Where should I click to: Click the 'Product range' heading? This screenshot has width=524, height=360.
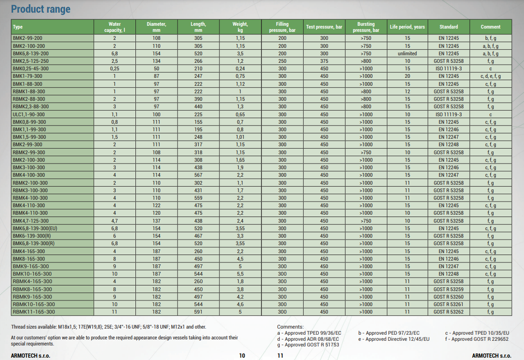[x=41, y=9]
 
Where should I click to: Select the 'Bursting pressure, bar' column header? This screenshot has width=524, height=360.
[x=366, y=27]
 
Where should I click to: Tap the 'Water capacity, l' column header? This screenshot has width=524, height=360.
[x=114, y=27]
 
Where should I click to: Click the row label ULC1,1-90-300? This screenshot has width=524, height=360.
[x=29, y=114]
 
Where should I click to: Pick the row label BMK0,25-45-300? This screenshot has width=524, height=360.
[x=30, y=68]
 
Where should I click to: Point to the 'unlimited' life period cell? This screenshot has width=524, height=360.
[x=407, y=53]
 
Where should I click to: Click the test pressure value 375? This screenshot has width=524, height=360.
[x=324, y=61]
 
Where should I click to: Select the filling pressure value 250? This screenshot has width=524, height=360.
[x=282, y=61]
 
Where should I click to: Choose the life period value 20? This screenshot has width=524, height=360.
[x=407, y=76]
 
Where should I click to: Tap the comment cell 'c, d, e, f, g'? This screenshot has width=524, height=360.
[x=490, y=76]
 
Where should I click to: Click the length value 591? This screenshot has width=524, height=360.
[x=198, y=312]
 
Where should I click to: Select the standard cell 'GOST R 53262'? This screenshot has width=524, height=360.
[x=449, y=312]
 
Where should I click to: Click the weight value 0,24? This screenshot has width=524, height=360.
[x=240, y=68]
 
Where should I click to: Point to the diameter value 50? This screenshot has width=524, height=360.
[x=156, y=68]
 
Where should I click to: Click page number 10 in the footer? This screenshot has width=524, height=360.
[x=242, y=356]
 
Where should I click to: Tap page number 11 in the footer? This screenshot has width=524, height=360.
[x=280, y=356]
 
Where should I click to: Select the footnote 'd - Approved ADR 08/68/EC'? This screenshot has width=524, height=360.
[x=308, y=339]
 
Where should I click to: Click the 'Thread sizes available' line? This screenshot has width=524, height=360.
[x=108, y=327]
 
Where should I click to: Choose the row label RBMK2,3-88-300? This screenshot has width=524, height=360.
[x=30, y=106]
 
